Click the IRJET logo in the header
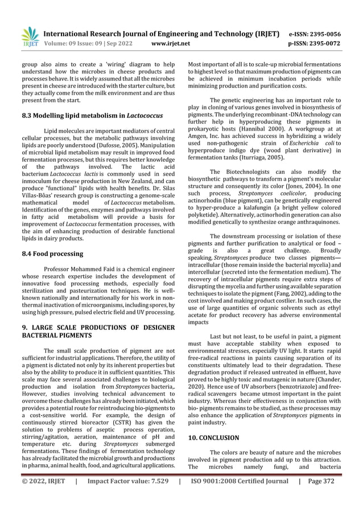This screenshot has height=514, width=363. (x=30, y=36)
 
